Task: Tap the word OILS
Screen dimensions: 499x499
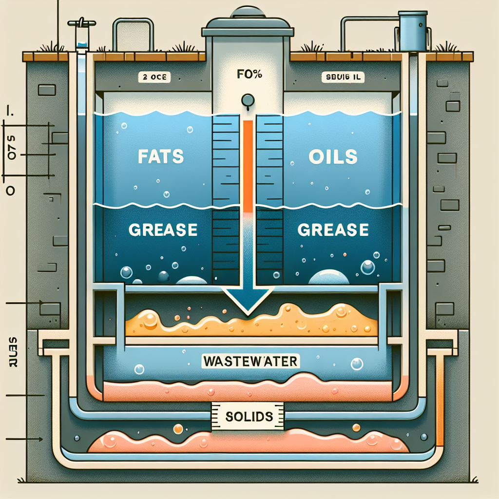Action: click(x=334, y=157)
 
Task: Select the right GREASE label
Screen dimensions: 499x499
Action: click(x=333, y=230)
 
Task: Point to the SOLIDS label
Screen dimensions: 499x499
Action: click(x=249, y=417)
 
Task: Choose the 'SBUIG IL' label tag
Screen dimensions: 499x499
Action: click(x=343, y=77)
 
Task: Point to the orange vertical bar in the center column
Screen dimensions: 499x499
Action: click(x=248, y=166)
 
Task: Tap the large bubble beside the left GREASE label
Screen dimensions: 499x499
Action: click(x=126, y=272)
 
